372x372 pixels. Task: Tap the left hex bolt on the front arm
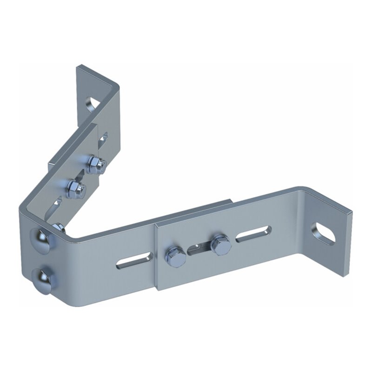pyautogui.click(x=176, y=257)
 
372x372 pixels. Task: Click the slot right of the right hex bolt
pyautogui.click(x=253, y=233)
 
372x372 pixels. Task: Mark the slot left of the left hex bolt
pyautogui.click(x=134, y=261)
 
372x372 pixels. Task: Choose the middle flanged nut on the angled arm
pyautogui.click(x=76, y=188)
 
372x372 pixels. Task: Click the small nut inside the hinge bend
pyautogui.click(x=59, y=228)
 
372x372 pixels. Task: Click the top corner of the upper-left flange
pyautogui.click(x=78, y=67)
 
